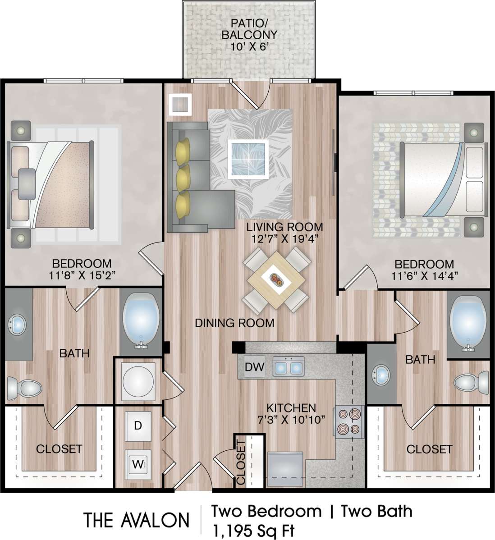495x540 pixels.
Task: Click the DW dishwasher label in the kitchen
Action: [255, 366]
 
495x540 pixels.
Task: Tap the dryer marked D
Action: [138, 426]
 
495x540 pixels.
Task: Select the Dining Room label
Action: [234, 323]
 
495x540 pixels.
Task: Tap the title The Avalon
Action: [136, 520]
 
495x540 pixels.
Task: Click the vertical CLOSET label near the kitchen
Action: [241, 462]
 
